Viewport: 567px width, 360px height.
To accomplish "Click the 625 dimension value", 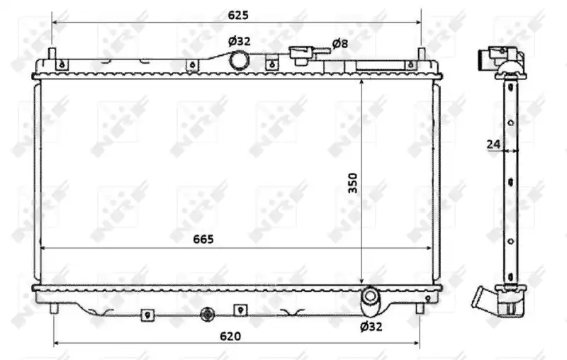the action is (238, 15).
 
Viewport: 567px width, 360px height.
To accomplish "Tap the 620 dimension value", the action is (230, 337).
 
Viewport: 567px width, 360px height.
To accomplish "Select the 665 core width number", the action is (203, 240).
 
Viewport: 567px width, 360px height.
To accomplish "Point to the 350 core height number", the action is (353, 183).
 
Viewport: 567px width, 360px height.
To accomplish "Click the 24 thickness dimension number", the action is (493, 145).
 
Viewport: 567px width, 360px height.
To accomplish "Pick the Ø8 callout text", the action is (340, 44).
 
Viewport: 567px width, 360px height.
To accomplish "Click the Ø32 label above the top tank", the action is (239, 42).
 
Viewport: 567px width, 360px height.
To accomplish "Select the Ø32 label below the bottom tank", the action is (371, 327).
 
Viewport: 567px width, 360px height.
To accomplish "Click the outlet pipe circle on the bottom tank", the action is (369, 296).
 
